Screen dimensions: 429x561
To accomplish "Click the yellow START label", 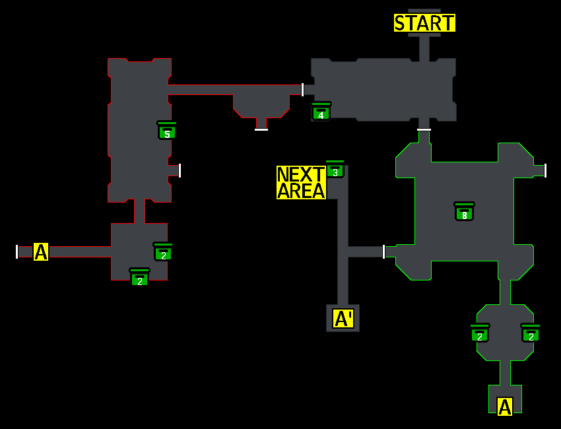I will click(x=424, y=23).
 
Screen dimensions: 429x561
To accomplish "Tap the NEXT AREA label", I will click(x=301, y=183).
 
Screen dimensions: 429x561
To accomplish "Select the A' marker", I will click(x=343, y=319).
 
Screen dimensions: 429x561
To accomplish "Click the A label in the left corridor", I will click(x=41, y=251).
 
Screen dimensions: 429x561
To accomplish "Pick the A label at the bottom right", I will click(x=505, y=407).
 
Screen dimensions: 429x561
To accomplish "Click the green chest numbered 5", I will click(x=167, y=131).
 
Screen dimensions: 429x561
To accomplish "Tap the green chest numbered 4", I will click(x=321, y=112).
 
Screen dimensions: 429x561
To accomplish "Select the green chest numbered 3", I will click(x=335, y=169).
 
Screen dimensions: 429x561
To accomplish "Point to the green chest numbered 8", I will click(x=464, y=212).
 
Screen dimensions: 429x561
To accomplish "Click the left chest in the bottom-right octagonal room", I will click(x=480, y=333).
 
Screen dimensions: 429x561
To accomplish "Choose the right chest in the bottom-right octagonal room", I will click(x=531, y=333).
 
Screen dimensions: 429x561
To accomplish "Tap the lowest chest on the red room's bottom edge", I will click(x=139, y=277).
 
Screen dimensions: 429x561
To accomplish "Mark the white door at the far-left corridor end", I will click(x=16, y=251).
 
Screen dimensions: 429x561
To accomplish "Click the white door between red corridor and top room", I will click(x=302, y=90).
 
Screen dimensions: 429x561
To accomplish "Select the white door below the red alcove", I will click(x=261, y=129).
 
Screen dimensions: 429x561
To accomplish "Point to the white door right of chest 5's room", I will click(x=180, y=170).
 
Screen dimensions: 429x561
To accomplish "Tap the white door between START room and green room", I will click(x=424, y=129).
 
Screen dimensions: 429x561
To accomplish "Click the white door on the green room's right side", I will click(x=545, y=170).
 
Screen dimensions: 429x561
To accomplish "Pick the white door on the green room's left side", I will click(x=383, y=251).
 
